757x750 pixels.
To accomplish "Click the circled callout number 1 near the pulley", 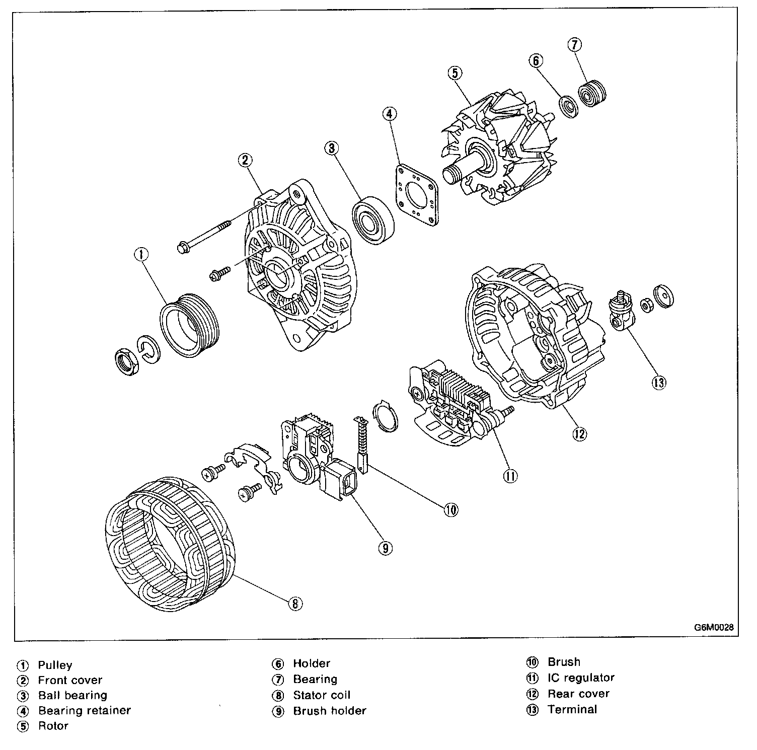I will click(142, 255).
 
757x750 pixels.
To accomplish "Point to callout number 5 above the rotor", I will click(454, 73).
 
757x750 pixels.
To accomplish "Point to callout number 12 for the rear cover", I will click(580, 433).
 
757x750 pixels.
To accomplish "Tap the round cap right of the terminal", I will click(664, 296).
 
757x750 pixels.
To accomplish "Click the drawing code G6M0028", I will click(714, 628).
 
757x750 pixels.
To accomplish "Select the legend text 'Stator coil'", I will click(322, 695).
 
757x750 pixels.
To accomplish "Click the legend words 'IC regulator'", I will click(581, 678).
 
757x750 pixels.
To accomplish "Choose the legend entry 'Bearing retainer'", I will click(85, 710).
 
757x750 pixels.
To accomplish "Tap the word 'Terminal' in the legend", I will click(572, 709).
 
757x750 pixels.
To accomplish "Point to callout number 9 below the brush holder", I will click(385, 548).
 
